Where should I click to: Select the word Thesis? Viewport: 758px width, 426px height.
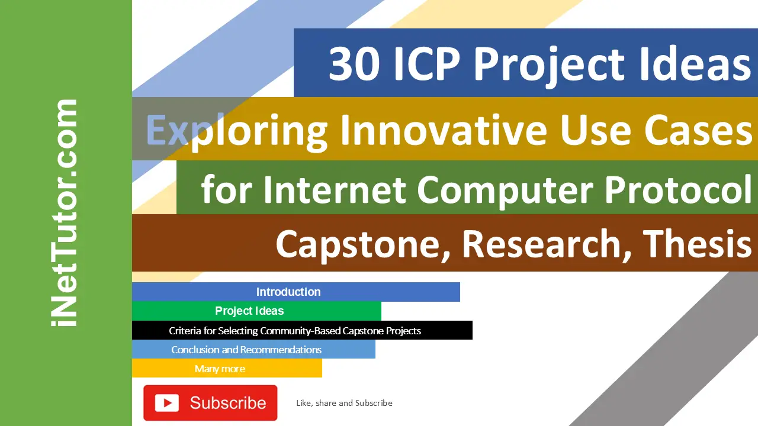coord(696,243)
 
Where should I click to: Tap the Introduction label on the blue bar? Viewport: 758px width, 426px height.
coord(288,292)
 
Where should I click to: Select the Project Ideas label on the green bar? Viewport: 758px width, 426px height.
coord(249,311)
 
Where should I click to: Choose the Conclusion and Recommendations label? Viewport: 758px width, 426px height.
coord(246,350)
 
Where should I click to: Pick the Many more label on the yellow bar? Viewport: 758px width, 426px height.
coord(220,369)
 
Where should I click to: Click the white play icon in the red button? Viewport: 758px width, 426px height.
coord(167,403)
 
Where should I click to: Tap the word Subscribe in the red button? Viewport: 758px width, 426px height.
coord(228,403)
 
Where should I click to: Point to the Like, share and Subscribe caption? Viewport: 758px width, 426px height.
coord(344,403)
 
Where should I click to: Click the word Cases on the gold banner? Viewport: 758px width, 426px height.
coord(698,130)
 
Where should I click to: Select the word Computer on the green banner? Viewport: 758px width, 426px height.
coord(505,191)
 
